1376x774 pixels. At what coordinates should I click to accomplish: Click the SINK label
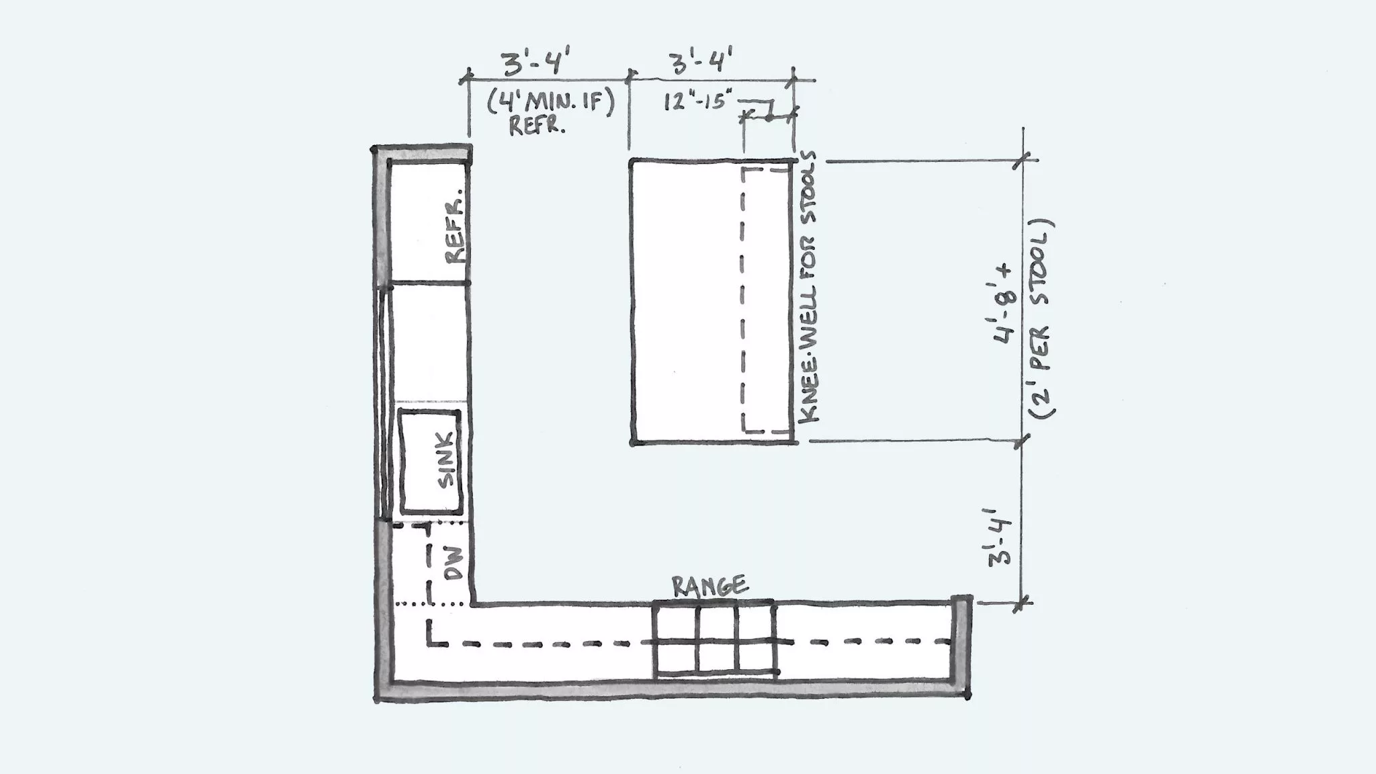click(x=447, y=460)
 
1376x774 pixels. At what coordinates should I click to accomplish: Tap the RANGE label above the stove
click(x=709, y=587)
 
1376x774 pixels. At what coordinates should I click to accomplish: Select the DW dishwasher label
click(x=454, y=562)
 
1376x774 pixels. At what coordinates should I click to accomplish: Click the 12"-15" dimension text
click(x=698, y=101)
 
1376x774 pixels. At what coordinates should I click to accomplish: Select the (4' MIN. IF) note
click(x=551, y=103)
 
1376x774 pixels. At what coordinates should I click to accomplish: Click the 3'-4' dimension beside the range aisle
click(x=998, y=537)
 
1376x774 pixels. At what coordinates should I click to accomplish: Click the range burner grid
click(x=716, y=640)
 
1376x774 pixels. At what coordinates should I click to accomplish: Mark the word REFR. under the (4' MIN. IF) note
click(x=537, y=126)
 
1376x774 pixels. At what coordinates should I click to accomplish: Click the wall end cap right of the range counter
click(x=961, y=645)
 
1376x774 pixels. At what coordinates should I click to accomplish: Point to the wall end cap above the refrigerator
click(x=422, y=154)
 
